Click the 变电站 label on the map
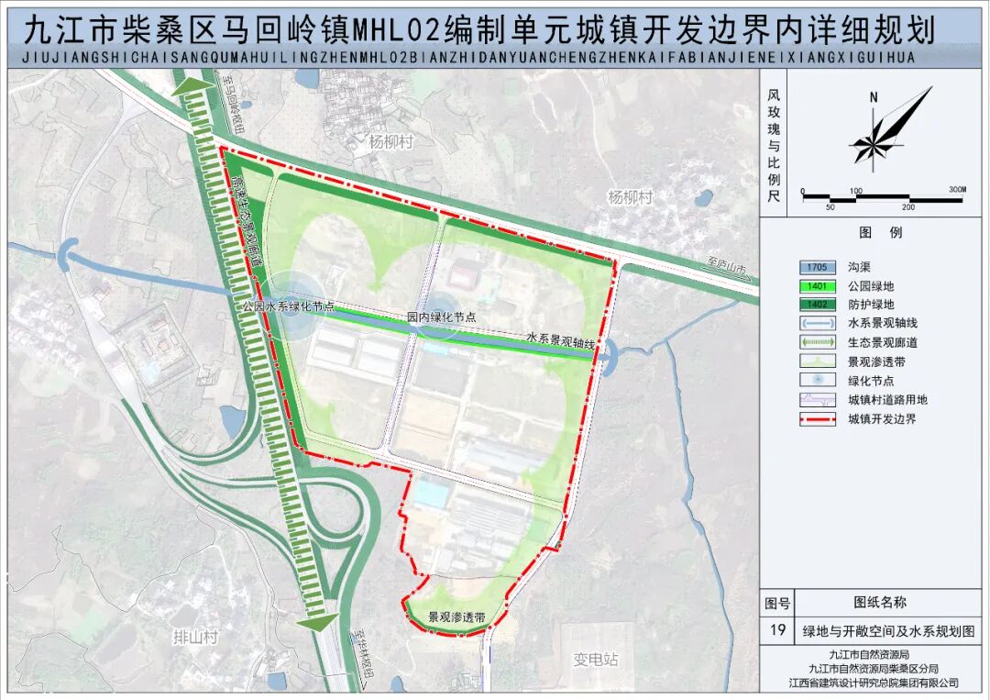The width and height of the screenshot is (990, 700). coord(596,660)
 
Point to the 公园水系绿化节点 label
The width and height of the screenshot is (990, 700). coord(288,308)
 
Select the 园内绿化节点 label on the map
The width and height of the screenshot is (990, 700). coord(441,317)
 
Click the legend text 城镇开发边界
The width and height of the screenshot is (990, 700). coord(882,419)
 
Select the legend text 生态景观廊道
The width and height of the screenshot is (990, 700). coord(882,342)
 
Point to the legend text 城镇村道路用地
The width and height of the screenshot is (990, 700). coord(887,400)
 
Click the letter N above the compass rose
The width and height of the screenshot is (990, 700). coord(874,97)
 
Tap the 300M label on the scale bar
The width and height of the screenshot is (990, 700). coord(957,190)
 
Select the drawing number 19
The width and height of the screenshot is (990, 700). coord(777,631)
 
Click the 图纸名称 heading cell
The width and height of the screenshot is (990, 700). coord(880,603)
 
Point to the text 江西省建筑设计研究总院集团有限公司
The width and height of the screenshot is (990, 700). coord(873,683)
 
